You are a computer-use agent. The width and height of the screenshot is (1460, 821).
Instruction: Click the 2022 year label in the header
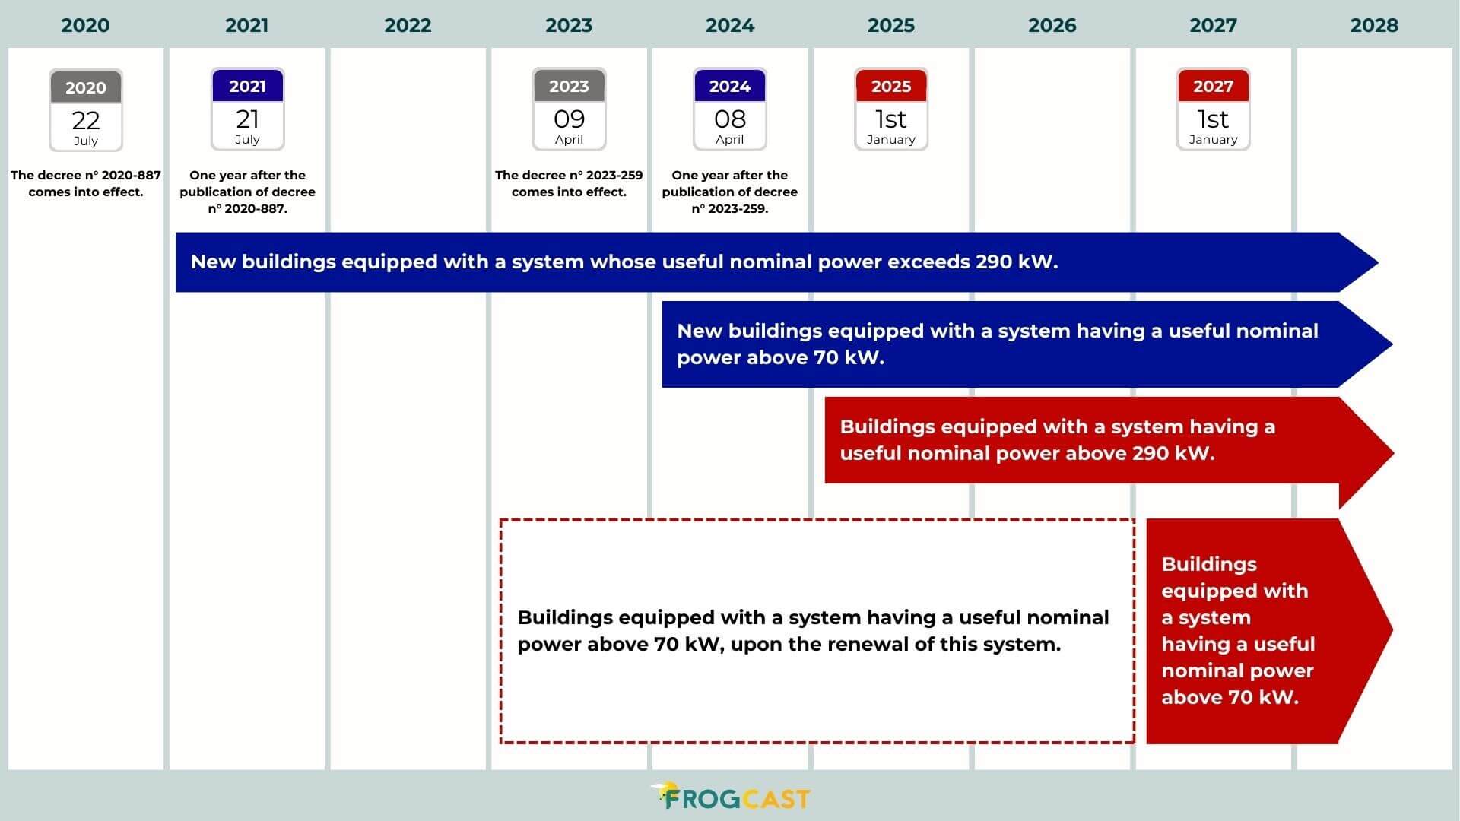click(x=408, y=25)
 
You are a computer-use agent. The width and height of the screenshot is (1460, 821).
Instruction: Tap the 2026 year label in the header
click(x=1052, y=25)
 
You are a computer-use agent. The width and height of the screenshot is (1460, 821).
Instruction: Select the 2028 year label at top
click(x=1373, y=25)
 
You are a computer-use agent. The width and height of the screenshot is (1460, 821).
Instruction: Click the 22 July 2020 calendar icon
click(x=86, y=110)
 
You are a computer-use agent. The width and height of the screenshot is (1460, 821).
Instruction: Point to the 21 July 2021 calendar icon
click(x=247, y=109)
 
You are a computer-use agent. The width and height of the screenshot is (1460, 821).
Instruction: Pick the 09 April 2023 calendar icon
click(x=569, y=109)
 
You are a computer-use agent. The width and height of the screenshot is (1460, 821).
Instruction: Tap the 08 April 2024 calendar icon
click(x=729, y=109)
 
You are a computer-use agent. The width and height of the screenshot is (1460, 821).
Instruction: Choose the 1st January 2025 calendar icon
click(x=890, y=109)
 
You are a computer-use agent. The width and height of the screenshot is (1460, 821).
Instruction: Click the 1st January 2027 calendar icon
click(x=1213, y=109)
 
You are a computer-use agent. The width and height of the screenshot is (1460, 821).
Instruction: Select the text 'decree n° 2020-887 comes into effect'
click(x=86, y=183)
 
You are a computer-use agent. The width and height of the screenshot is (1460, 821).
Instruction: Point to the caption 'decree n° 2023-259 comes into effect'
click(x=569, y=183)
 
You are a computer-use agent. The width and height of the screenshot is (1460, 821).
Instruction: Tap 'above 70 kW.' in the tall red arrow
click(x=1230, y=698)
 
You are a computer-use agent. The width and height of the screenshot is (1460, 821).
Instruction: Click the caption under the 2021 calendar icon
click(x=247, y=192)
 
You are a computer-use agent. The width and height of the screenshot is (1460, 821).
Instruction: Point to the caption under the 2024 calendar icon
click(x=729, y=192)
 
